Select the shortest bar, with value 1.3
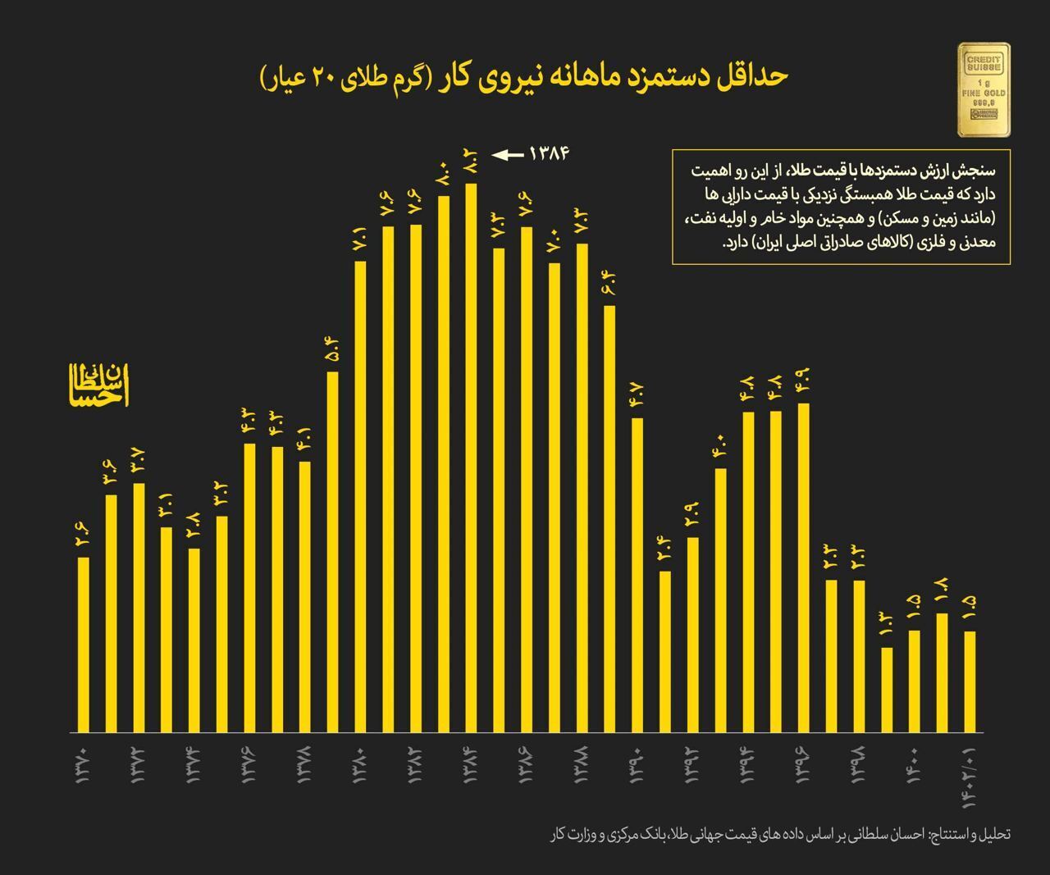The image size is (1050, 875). [886, 690]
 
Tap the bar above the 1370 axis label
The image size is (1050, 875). [84, 645]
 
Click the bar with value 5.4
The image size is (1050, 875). [332, 552]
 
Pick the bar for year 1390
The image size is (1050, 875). [637, 575]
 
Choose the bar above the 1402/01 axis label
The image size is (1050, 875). [970, 681]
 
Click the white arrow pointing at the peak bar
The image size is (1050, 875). [507, 154]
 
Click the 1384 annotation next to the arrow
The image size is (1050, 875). [549, 153]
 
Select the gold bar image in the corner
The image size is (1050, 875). [984, 90]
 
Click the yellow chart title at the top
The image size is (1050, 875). [524, 77]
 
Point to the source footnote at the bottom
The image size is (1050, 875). [780, 834]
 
